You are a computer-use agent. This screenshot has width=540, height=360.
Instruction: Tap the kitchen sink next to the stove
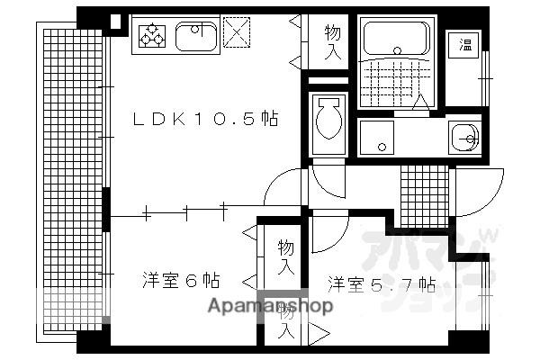point(193,37)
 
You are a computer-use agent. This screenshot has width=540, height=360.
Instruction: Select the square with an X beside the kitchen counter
point(237,33)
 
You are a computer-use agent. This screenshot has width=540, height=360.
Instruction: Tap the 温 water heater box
point(465,44)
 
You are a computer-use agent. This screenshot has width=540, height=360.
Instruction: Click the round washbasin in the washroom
point(465,138)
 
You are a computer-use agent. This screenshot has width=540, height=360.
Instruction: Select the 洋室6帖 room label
point(180,280)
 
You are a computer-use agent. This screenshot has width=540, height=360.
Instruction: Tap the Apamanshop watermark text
point(270,305)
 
